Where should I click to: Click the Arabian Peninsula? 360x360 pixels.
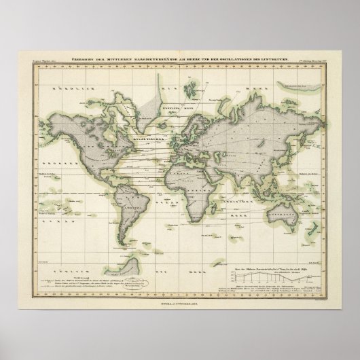point(226,166)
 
